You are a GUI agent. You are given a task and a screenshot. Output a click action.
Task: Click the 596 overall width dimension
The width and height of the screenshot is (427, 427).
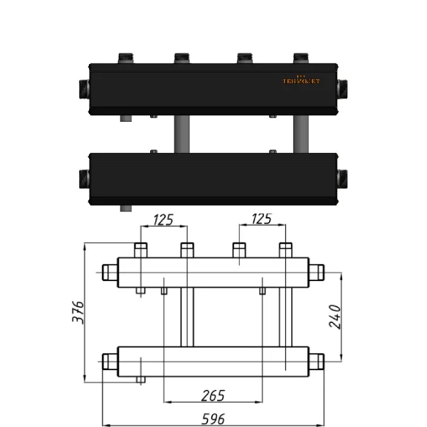point(213,418)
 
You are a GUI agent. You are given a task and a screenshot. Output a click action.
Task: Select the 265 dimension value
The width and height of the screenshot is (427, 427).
point(213,394)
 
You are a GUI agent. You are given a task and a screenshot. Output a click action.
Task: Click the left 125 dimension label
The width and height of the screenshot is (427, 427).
point(163,219)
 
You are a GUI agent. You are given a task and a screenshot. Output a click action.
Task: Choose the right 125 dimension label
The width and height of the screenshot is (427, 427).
point(262,219)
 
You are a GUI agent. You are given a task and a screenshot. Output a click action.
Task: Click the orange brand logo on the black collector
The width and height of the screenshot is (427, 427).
point(300,80)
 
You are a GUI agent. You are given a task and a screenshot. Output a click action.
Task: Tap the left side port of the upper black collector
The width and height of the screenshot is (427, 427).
point(81,90)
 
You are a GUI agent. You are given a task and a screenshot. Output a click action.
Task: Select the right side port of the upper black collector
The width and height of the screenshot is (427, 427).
point(343,90)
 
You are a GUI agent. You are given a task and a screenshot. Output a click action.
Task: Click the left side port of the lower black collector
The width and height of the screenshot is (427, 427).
point(81,178)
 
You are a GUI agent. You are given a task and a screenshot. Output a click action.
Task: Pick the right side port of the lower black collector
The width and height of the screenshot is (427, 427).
point(343,178)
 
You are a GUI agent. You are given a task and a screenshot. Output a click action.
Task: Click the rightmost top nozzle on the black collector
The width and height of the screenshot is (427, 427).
point(300,58)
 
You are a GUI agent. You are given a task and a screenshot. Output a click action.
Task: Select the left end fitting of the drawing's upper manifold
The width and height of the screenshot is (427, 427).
point(110,272)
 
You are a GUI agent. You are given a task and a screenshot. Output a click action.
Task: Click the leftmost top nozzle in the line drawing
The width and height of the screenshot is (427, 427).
point(141,250)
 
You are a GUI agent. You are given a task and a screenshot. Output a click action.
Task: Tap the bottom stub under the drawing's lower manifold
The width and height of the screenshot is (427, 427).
point(141,380)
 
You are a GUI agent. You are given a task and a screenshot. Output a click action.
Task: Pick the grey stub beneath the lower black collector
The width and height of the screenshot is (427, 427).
point(125,209)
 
